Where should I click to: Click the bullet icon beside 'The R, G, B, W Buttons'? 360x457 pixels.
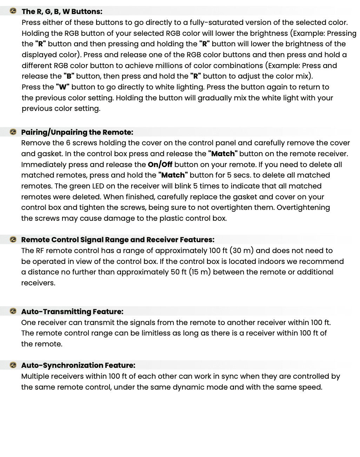(13, 11)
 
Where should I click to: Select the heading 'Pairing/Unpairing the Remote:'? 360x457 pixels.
(77, 132)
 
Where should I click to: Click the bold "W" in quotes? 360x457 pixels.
(62, 87)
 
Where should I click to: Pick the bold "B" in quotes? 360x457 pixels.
(69, 76)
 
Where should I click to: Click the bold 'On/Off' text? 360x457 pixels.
(160, 165)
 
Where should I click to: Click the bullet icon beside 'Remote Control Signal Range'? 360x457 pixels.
(13, 240)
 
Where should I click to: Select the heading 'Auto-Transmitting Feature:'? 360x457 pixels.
(72, 312)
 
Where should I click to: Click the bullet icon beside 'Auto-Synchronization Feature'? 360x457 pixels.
(13, 365)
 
